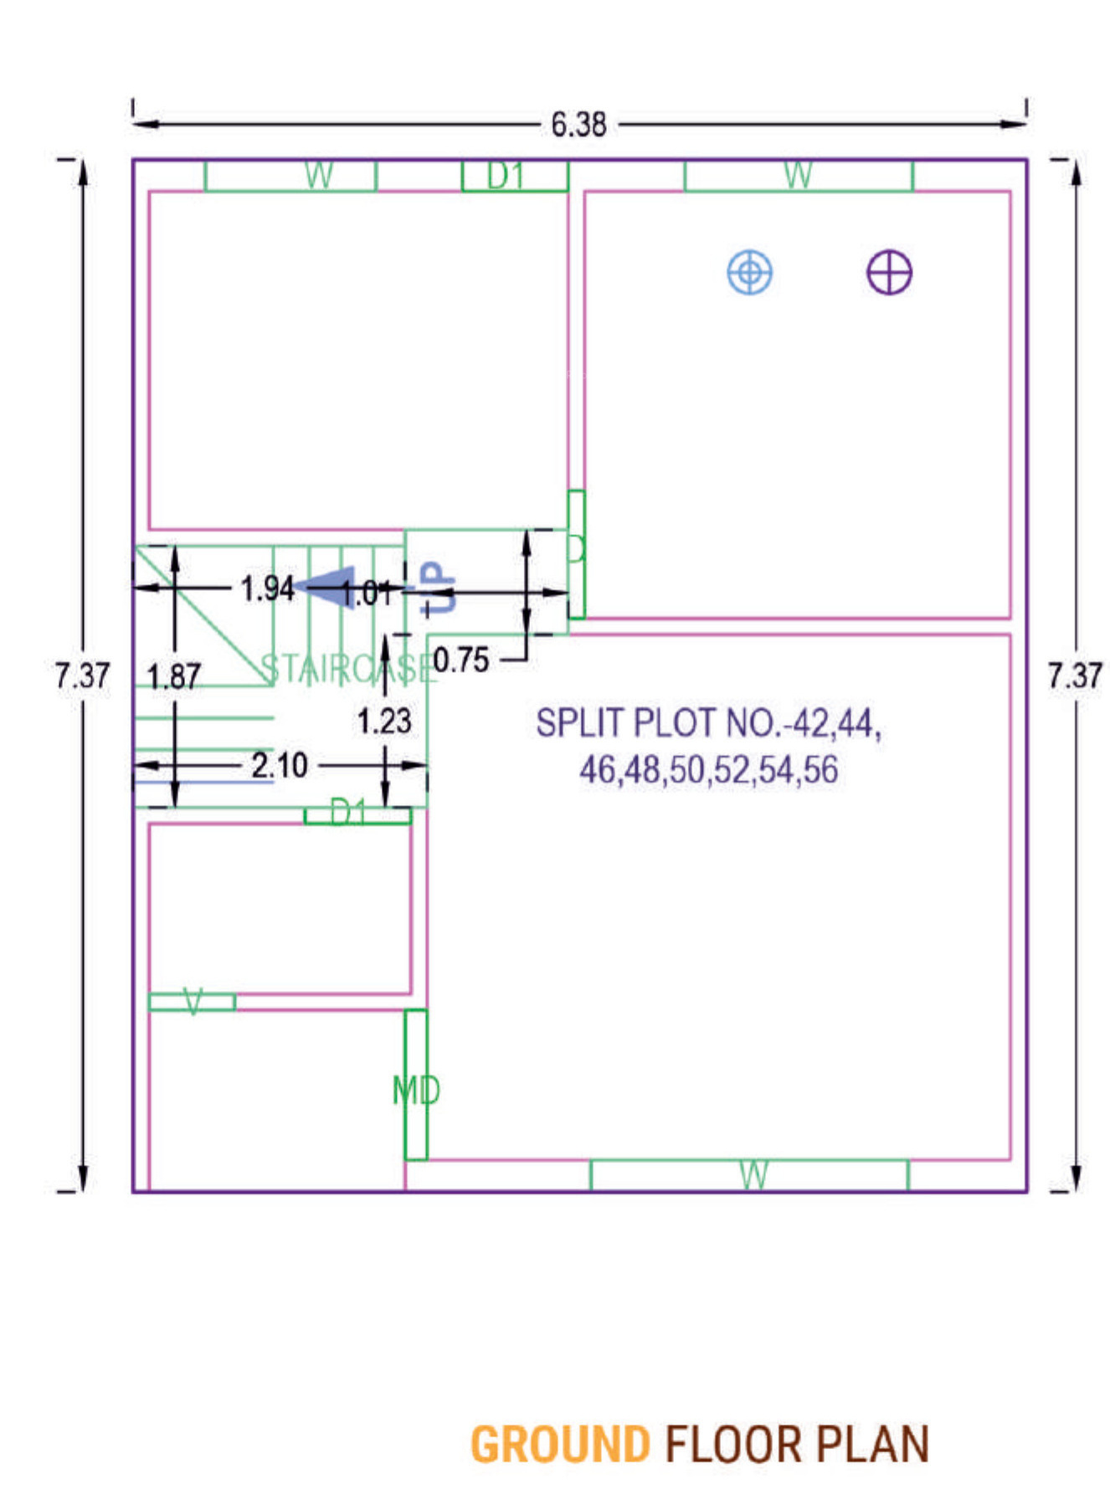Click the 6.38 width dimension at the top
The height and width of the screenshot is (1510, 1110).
pyautogui.click(x=578, y=125)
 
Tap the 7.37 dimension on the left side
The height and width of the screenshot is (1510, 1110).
pyautogui.click(x=82, y=675)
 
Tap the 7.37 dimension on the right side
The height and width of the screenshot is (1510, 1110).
pyautogui.click(x=1075, y=675)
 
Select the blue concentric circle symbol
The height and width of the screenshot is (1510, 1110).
pyautogui.click(x=749, y=272)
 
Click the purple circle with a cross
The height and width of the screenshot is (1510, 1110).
pyautogui.click(x=889, y=273)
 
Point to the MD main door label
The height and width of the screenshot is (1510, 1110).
pyautogui.click(x=416, y=1090)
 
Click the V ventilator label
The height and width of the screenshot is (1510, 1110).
pyautogui.click(x=193, y=1001)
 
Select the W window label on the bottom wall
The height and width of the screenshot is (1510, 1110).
pyautogui.click(x=753, y=1175)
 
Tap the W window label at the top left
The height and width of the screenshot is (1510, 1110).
pyautogui.click(x=319, y=176)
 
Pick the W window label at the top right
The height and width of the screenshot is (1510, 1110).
pyautogui.click(x=798, y=176)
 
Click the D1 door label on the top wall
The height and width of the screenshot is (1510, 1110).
pyautogui.click(x=506, y=176)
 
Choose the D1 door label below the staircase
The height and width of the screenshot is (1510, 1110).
pyautogui.click(x=348, y=811)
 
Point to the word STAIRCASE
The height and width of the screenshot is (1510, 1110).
pyautogui.click(x=347, y=669)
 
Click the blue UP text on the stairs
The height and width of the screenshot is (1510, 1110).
pyautogui.click(x=439, y=588)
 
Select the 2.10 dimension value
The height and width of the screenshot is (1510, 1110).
pyautogui.click(x=280, y=765)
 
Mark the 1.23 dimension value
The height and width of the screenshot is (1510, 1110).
pyautogui.click(x=384, y=721)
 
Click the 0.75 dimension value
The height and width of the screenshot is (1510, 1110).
pyautogui.click(x=461, y=660)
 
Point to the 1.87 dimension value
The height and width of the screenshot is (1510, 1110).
pyautogui.click(x=173, y=676)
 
